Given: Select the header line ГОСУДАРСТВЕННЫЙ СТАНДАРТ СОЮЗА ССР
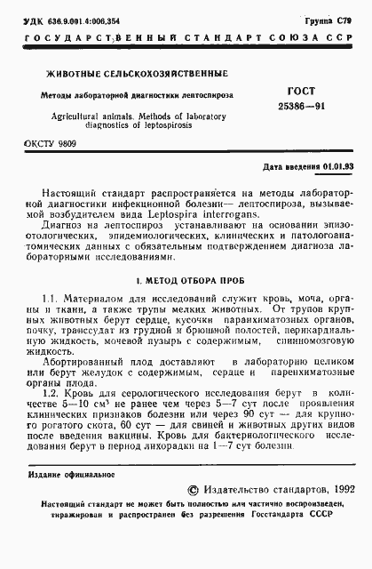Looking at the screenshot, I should [186, 38].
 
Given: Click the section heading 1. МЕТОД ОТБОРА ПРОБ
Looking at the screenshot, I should [186, 281].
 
